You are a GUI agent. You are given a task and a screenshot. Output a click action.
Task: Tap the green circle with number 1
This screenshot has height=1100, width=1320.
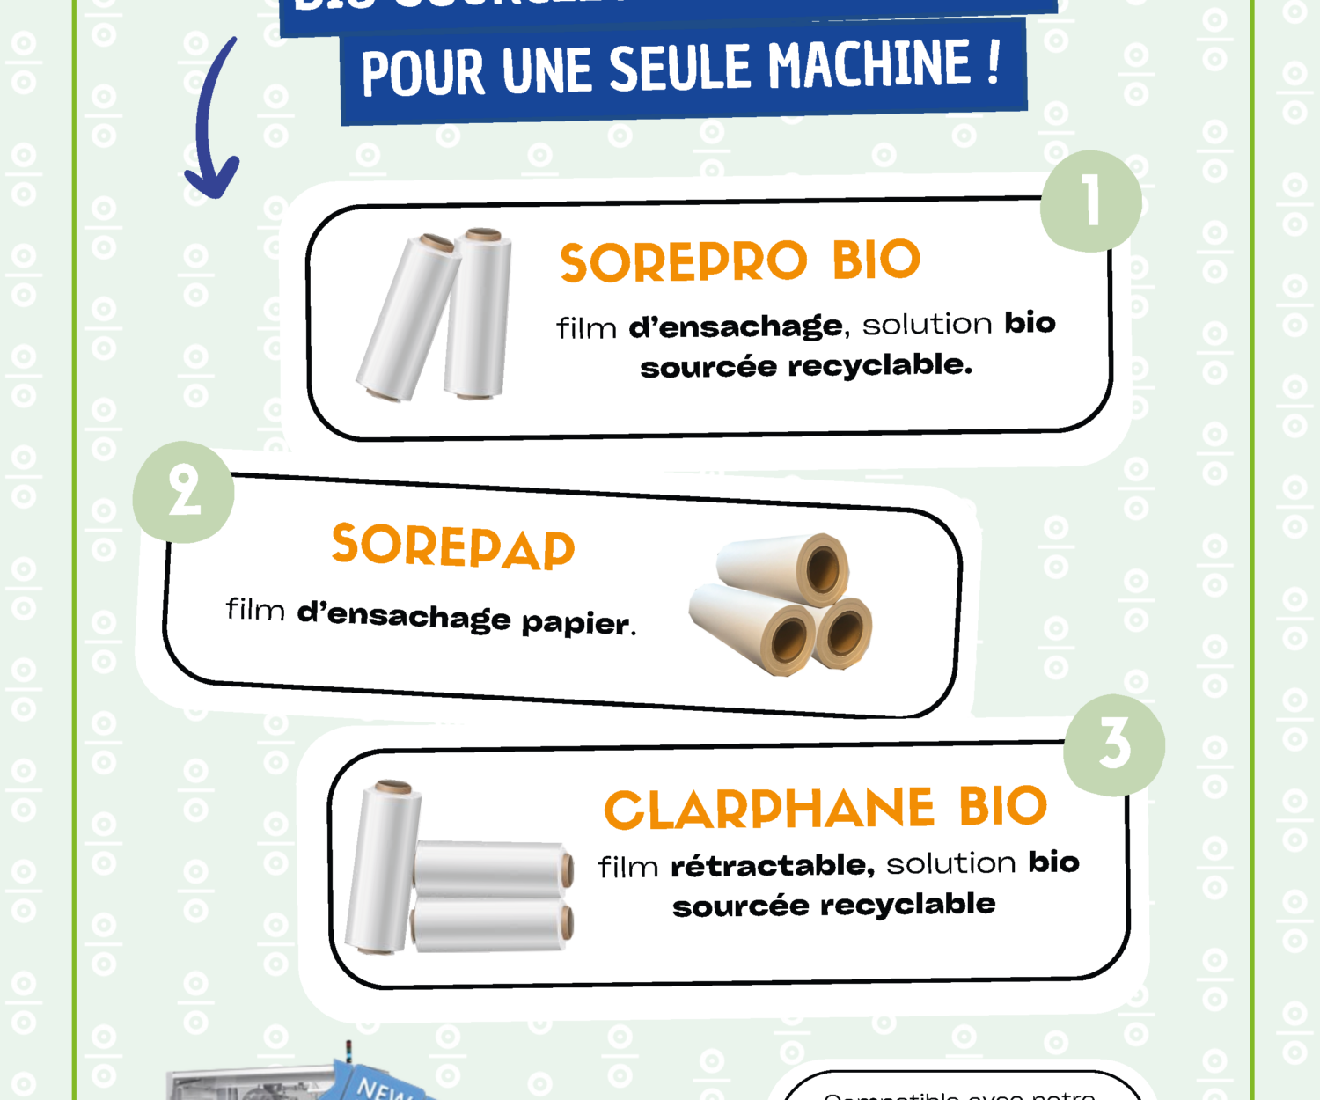point(1091,202)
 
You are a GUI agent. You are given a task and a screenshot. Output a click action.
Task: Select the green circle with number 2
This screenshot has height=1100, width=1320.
point(184,492)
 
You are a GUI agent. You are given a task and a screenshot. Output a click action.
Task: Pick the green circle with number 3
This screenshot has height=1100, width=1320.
point(1114,745)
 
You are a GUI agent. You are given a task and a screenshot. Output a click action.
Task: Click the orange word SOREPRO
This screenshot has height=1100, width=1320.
point(683,262)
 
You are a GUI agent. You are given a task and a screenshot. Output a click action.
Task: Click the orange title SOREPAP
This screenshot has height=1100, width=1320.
point(453,546)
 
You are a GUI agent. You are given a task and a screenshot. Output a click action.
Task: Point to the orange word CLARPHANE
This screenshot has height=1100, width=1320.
point(769,809)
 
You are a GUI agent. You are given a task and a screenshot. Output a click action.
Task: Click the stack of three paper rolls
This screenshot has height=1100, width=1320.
point(781,605)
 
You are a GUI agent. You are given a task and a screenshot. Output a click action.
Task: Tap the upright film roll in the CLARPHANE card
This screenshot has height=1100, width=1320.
point(383,867)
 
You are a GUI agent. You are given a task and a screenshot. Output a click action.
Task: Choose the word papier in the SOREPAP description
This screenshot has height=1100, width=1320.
point(576,623)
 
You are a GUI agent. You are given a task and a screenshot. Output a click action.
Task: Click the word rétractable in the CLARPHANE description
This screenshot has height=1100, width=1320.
point(772,866)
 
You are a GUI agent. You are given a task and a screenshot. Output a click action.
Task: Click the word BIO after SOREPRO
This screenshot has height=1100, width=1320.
point(876,260)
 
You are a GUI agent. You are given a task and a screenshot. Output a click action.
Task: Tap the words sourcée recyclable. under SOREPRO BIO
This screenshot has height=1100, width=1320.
point(806,366)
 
